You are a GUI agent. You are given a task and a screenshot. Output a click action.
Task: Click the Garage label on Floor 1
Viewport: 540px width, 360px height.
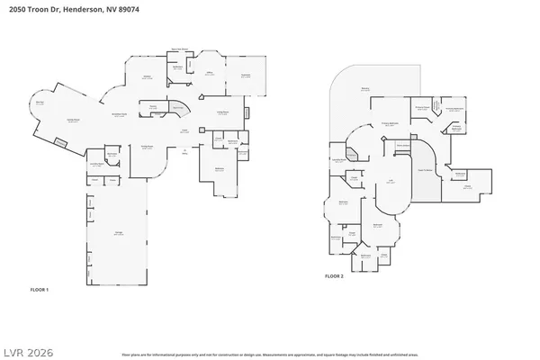(118, 233)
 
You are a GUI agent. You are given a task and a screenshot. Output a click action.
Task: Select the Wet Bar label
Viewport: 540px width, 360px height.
(40, 103)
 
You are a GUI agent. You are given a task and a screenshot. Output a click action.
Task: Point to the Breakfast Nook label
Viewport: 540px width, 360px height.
(118, 115)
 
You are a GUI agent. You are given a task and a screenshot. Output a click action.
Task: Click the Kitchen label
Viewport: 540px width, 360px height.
(147, 77)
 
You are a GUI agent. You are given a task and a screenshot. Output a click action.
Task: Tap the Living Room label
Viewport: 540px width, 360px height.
(222, 112)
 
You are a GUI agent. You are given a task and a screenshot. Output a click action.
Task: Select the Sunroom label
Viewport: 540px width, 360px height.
(245, 76)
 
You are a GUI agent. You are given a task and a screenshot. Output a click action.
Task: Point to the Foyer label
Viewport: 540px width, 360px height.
(184, 131)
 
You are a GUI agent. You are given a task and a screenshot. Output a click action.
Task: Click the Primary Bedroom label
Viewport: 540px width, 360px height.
(390, 124)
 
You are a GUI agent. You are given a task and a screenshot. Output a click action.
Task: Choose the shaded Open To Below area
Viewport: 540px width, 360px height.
(425, 171)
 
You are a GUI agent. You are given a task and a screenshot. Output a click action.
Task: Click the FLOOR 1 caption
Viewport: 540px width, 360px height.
(40, 290)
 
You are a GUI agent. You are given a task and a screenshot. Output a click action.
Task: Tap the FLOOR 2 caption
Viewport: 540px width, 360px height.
(333, 275)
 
